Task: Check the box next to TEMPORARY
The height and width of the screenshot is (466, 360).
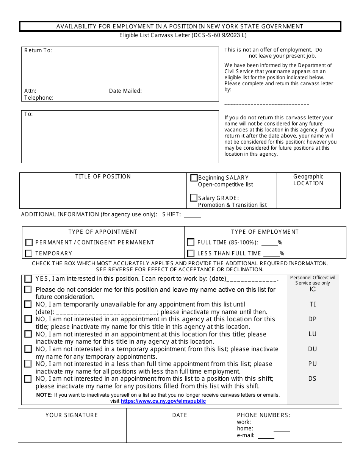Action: [29, 253]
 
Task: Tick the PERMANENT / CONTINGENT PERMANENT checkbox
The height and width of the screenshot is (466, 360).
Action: [29, 242]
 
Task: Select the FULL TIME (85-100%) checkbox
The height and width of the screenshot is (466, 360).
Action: [191, 242]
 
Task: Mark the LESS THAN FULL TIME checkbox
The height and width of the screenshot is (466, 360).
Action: [191, 253]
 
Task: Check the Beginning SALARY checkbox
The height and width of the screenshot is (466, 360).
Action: [194, 178]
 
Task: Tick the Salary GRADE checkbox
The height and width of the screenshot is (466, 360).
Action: [194, 198]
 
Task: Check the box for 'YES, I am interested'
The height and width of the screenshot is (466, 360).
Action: [28, 279]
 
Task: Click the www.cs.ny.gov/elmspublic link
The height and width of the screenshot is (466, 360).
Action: [163, 401]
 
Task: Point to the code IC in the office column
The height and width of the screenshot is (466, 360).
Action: [312, 289]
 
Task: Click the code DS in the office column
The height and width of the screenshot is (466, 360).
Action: [312, 378]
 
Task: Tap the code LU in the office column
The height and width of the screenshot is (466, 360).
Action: [312, 334]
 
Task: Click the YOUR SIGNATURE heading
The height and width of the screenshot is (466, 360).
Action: [72, 415]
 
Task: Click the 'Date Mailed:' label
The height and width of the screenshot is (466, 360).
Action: [125, 91]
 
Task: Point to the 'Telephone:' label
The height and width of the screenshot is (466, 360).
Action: [39, 98]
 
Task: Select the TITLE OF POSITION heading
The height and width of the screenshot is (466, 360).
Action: [103, 177]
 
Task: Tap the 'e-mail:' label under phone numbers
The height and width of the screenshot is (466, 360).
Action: [246, 435]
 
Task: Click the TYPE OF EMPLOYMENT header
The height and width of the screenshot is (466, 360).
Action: [265, 232]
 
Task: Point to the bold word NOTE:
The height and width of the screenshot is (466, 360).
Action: [44, 395]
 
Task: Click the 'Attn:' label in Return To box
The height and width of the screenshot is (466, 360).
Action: [30, 91]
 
